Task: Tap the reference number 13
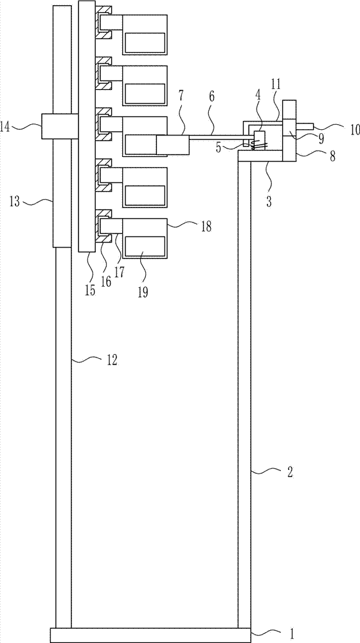[x=15, y=202]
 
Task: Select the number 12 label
[x=111, y=359]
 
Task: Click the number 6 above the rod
[x=212, y=97]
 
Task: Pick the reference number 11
[x=276, y=84]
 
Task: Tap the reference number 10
[x=355, y=130]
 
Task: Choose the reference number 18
[x=206, y=226]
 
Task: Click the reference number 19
[x=142, y=293]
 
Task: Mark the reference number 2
[x=289, y=473]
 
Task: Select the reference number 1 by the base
[x=291, y=634]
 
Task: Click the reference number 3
[x=269, y=202]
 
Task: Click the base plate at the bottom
[x=150, y=635]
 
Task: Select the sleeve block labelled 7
[x=173, y=145]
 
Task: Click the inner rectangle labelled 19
[x=145, y=247]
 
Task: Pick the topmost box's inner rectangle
[x=145, y=42]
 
